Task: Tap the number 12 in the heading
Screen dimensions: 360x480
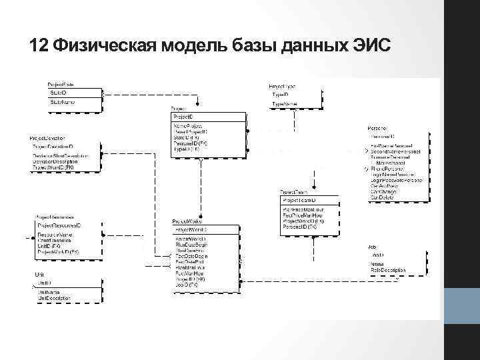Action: pyautogui.click(x=39, y=46)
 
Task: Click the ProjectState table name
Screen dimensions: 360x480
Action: pyautogui.click(x=61, y=85)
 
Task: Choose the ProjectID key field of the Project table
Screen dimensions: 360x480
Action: pyautogui.click(x=184, y=117)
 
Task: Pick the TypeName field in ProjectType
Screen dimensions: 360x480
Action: pyautogui.click(x=285, y=104)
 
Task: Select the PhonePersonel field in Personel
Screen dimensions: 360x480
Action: pyautogui.click(x=386, y=169)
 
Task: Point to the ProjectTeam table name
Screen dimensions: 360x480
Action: pyautogui.click(x=295, y=192)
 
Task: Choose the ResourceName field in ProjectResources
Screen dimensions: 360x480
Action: pyautogui.click(x=55, y=235)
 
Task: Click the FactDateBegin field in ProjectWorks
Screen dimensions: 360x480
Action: pyautogui.click(x=191, y=256)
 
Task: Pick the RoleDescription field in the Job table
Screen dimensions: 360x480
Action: pyautogui.click(x=389, y=271)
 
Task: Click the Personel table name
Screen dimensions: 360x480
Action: pyautogui.click(x=377, y=127)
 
